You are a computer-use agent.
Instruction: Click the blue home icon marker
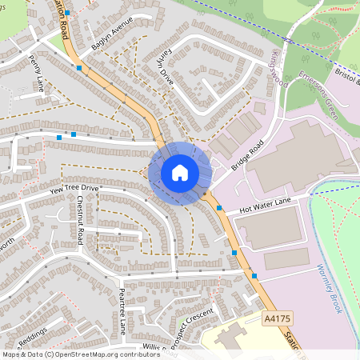[180, 172]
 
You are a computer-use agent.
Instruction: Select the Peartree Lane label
[122, 310]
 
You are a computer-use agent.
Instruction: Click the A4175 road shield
[276, 318]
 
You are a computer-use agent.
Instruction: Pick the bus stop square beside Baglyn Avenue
[79, 69]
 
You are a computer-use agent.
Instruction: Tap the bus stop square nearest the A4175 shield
[254, 276]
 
